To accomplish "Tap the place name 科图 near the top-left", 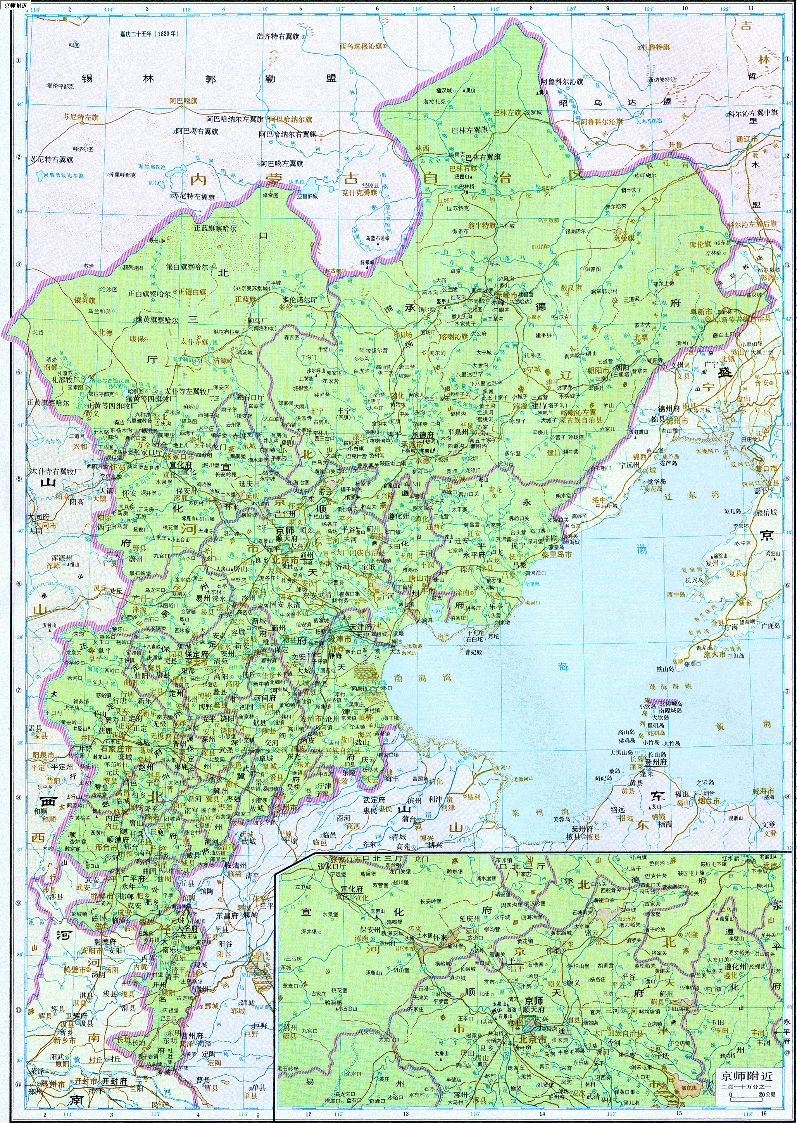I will pos(74,45).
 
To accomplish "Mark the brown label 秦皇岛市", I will pos(557,555).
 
